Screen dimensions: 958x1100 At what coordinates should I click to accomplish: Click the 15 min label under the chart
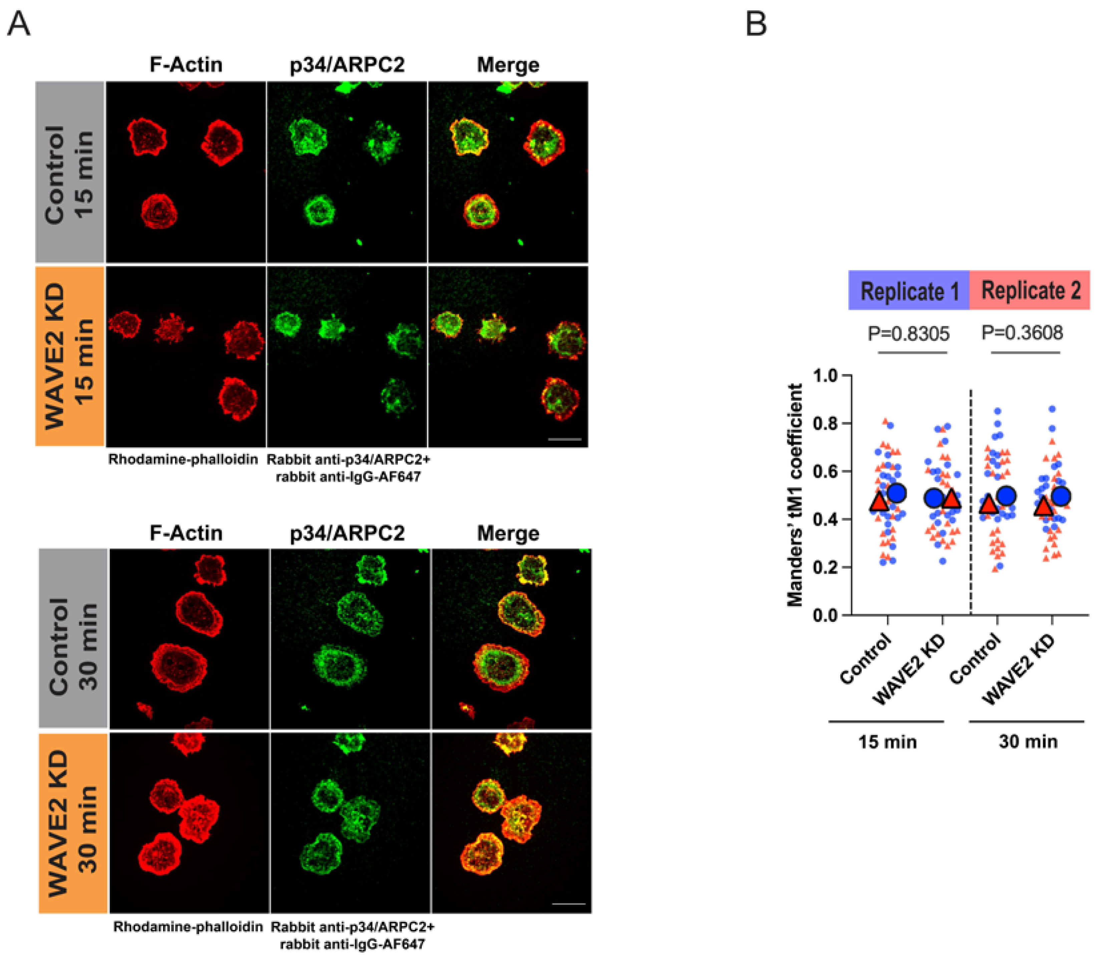click(x=887, y=742)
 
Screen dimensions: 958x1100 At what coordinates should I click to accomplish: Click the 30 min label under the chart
click(x=1028, y=742)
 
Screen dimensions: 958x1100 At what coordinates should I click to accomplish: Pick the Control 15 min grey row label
click(x=69, y=172)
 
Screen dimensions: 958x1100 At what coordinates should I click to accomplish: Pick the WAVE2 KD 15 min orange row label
click(x=69, y=356)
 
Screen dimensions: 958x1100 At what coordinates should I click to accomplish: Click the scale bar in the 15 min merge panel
click(x=565, y=439)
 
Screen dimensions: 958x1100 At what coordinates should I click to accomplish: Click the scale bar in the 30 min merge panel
click(x=569, y=904)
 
